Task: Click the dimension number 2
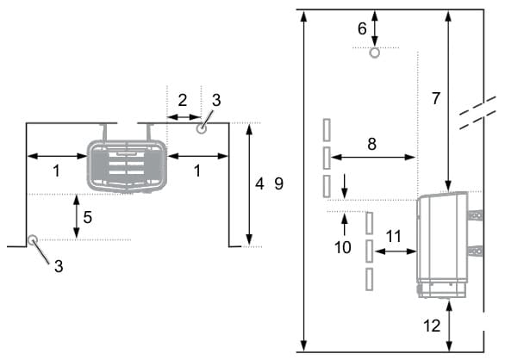(183, 100)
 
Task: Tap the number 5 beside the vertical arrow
(88, 217)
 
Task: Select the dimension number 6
(362, 28)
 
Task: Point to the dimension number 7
(436, 98)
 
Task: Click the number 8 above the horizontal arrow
(372, 144)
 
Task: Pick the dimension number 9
(279, 183)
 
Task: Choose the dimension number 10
(342, 247)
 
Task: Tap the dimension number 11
(394, 236)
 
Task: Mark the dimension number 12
(432, 326)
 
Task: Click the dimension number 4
(259, 183)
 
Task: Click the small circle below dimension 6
(375, 53)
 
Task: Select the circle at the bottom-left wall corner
(32, 240)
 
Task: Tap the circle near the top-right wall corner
(202, 129)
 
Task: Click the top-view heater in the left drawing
(127, 166)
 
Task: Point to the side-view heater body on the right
(442, 244)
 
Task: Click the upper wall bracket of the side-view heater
(475, 215)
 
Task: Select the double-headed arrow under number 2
(184, 117)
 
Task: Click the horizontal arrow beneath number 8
(372, 157)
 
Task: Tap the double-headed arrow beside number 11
(396, 251)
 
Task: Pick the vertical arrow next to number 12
(450, 326)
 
